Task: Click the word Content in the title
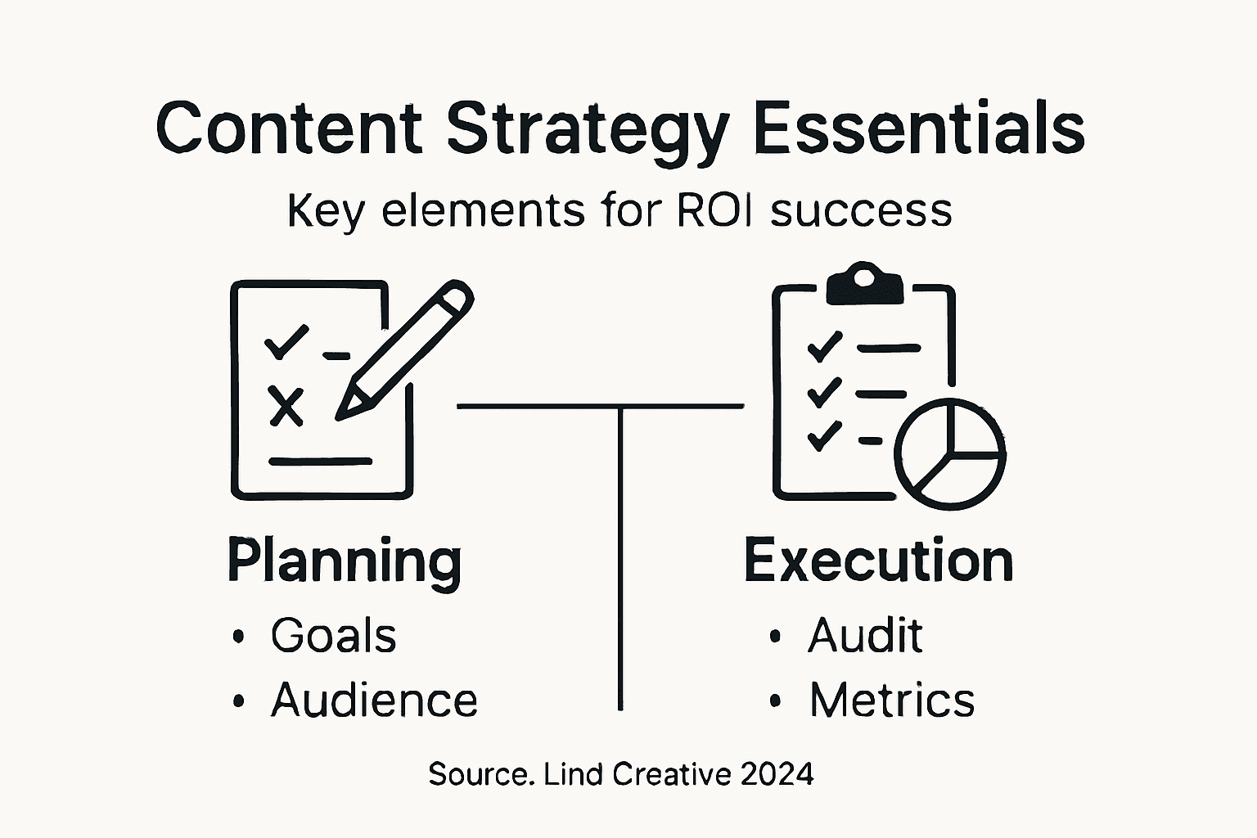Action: (x=289, y=128)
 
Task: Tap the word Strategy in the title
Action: (x=587, y=131)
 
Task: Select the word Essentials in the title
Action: (x=918, y=128)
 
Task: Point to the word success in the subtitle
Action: (x=862, y=210)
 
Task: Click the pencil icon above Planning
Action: (x=405, y=349)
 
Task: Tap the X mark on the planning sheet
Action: (x=286, y=406)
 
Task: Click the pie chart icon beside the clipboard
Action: (x=949, y=453)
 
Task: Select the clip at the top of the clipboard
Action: (x=865, y=284)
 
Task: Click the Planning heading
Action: (x=345, y=561)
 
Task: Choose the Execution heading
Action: (x=878, y=561)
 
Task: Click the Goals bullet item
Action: (x=333, y=636)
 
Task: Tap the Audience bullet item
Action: (x=374, y=701)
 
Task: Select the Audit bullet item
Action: (x=865, y=636)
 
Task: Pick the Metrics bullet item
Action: (x=892, y=701)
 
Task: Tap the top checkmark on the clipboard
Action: (x=824, y=346)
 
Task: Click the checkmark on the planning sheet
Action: (x=286, y=341)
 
